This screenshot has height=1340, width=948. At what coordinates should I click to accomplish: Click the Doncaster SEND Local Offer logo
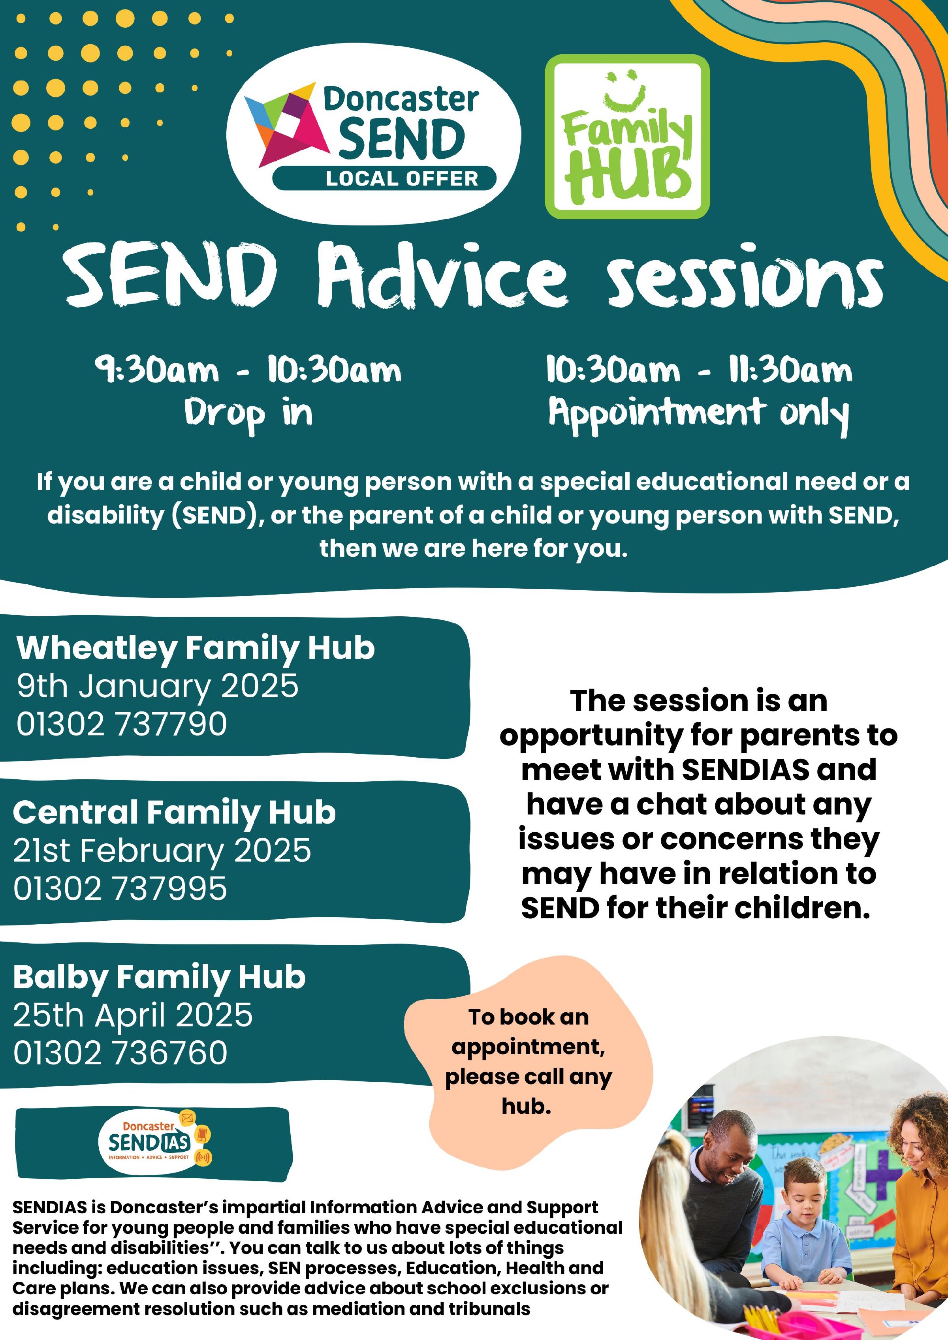coord(374,134)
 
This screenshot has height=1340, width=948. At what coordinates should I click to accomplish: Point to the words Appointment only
coord(699,414)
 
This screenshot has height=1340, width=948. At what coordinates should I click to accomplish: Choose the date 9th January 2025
coord(158,686)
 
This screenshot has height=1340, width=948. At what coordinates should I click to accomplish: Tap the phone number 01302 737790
coord(121,724)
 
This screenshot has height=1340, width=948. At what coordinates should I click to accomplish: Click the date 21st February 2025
coord(162,851)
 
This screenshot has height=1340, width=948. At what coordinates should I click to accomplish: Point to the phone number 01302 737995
coord(120,889)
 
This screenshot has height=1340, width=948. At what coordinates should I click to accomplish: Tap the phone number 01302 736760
coord(120,1053)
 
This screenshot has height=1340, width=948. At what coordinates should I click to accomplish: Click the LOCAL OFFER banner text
coord(402,178)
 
